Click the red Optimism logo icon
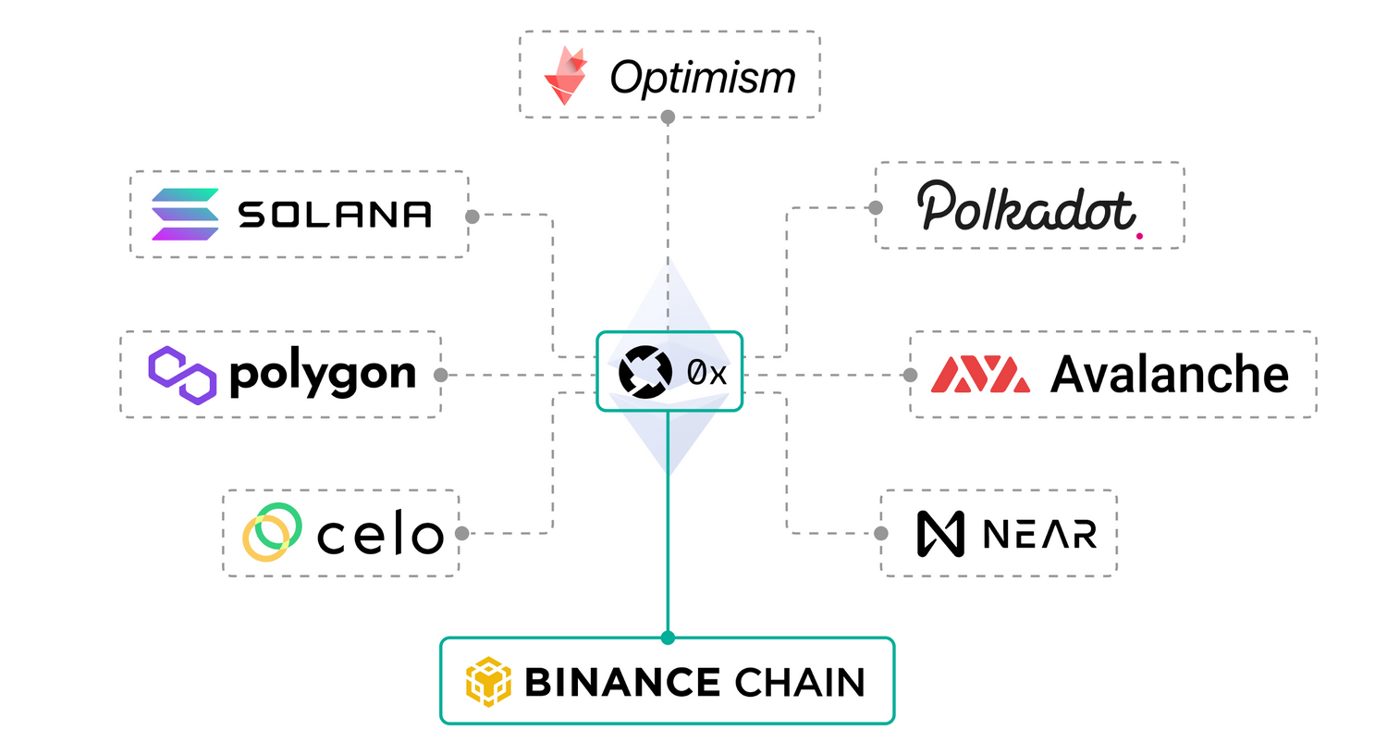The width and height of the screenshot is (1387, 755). [x=566, y=77]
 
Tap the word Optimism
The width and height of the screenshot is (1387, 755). [x=703, y=78]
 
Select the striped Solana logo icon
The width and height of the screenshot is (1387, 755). [x=185, y=214]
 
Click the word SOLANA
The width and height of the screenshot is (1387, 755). [x=335, y=215]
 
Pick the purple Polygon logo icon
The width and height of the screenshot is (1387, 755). [x=182, y=375]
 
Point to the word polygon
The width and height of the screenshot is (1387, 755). [x=323, y=375]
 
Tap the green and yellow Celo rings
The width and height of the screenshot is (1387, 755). [x=272, y=532]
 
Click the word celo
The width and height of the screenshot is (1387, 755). [x=380, y=536]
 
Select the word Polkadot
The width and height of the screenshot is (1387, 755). [x=1025, y=207]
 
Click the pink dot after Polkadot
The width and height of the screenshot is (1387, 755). [x=1139, y=236]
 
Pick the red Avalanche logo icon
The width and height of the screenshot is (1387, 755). [x=980, y=375]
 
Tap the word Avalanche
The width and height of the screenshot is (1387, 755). [x=1170, y=375]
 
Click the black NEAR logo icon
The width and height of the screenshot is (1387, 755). [x=940, y=534]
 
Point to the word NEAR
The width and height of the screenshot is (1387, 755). [x=1040, y=534]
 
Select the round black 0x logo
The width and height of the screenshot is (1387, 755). [x=644, y=372]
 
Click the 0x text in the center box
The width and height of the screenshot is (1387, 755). [x=706, y=373]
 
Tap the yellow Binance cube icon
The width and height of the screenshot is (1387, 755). [x=488, y=682]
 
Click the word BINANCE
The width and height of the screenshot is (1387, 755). [x=622, y=683]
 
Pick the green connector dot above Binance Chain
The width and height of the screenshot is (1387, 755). [x=668, y=637]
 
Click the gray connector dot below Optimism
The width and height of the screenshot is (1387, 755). [x=668, y=117]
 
